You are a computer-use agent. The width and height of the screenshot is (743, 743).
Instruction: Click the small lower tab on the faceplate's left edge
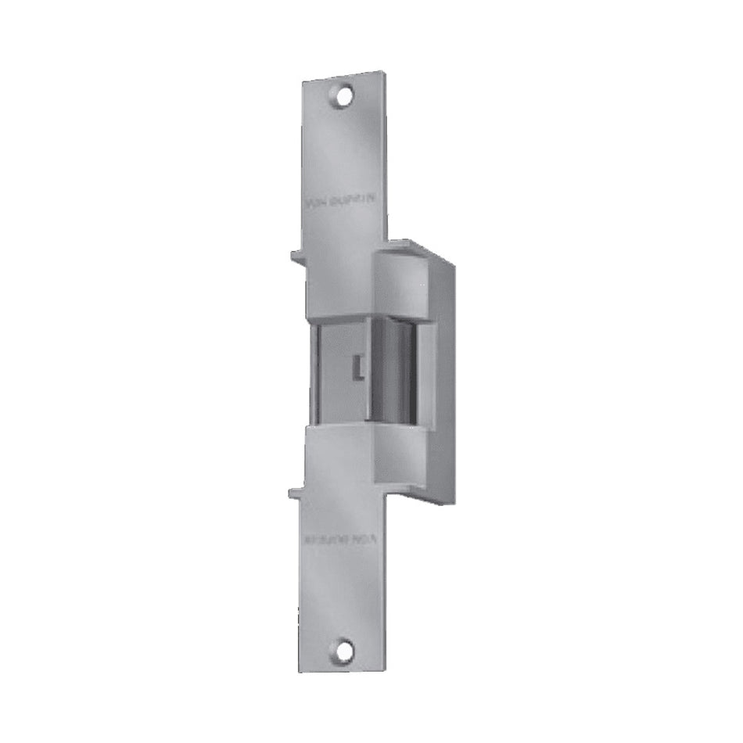click(295, 492)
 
